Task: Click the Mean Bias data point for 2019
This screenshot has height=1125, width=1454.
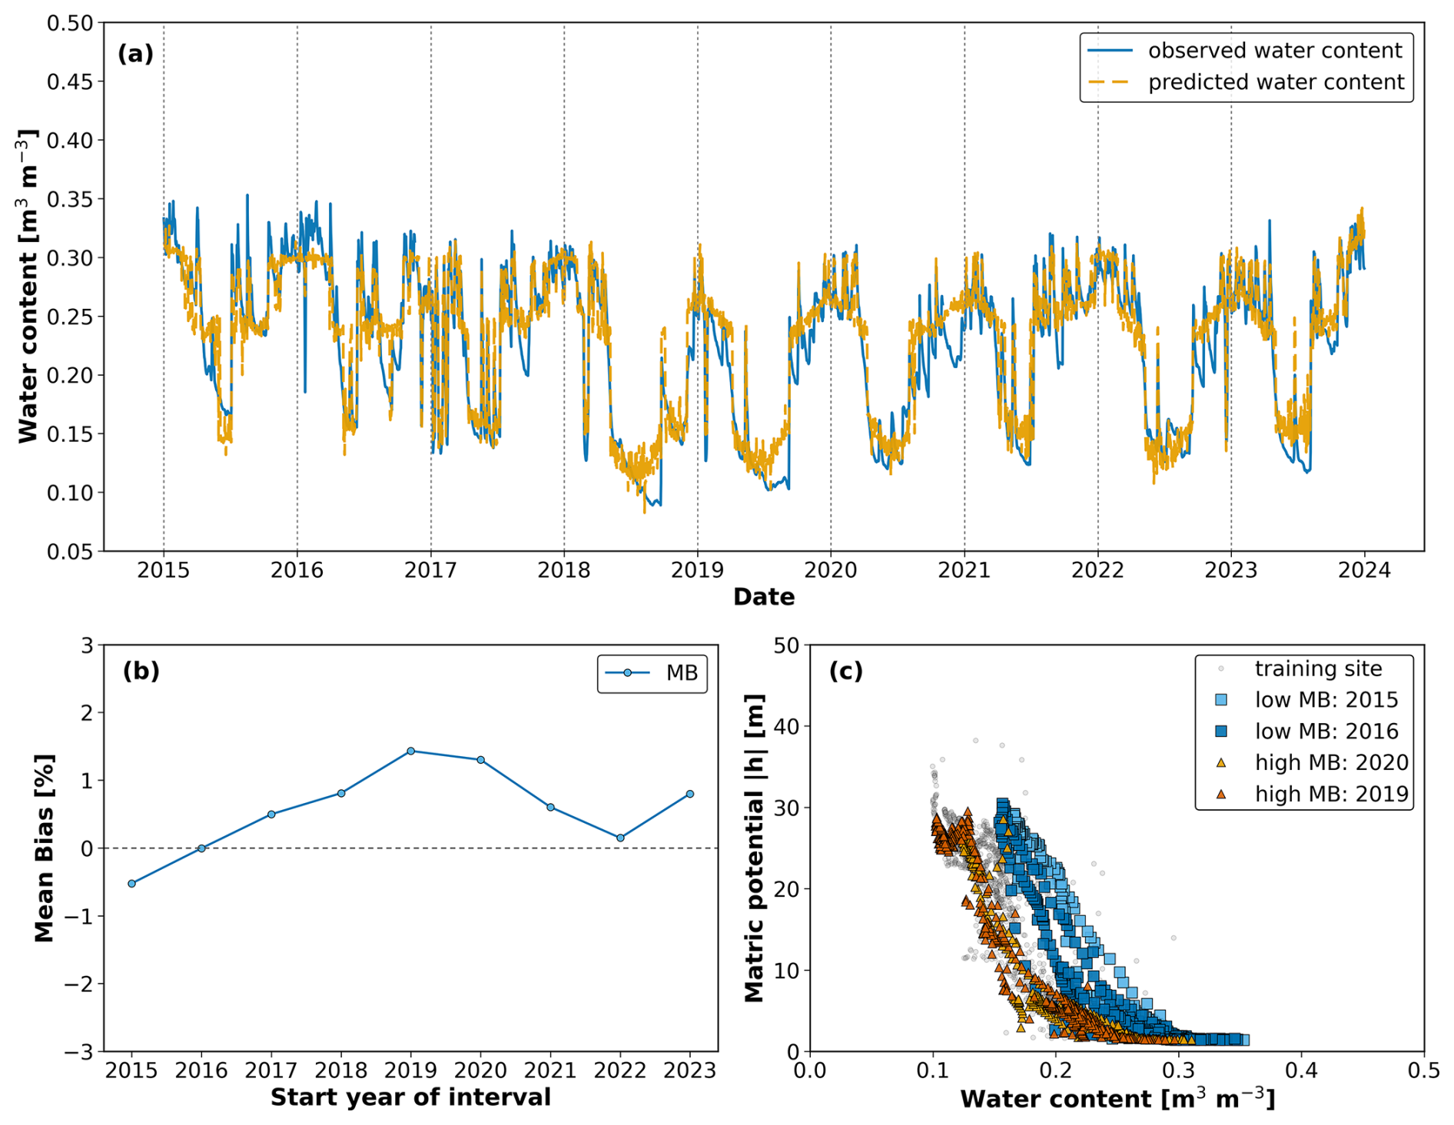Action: (x=410, y=751)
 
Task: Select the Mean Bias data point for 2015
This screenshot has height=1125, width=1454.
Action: (x=131, y=884)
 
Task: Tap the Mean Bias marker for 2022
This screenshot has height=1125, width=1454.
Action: (x=620, y=838)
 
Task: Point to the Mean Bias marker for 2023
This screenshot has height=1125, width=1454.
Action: (x=690, y=794)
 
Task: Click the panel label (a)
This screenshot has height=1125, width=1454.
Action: (x=136, y=54)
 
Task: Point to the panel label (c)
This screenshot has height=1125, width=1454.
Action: (x=845, y=671)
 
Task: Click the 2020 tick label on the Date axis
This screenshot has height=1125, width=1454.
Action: (x=830, y=570)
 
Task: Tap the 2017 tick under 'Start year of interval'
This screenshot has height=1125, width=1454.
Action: (x=271, y=1070)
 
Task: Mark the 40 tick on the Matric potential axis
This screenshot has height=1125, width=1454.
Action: (x=787, y=726)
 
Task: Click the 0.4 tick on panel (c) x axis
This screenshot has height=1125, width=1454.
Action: (x=1301, y=1070)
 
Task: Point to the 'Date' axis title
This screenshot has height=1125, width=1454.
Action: (x=764, y=597)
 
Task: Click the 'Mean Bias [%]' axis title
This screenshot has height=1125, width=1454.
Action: (x=45, y=848)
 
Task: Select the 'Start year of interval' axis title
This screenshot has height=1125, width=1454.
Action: (x=410, y=1097)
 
